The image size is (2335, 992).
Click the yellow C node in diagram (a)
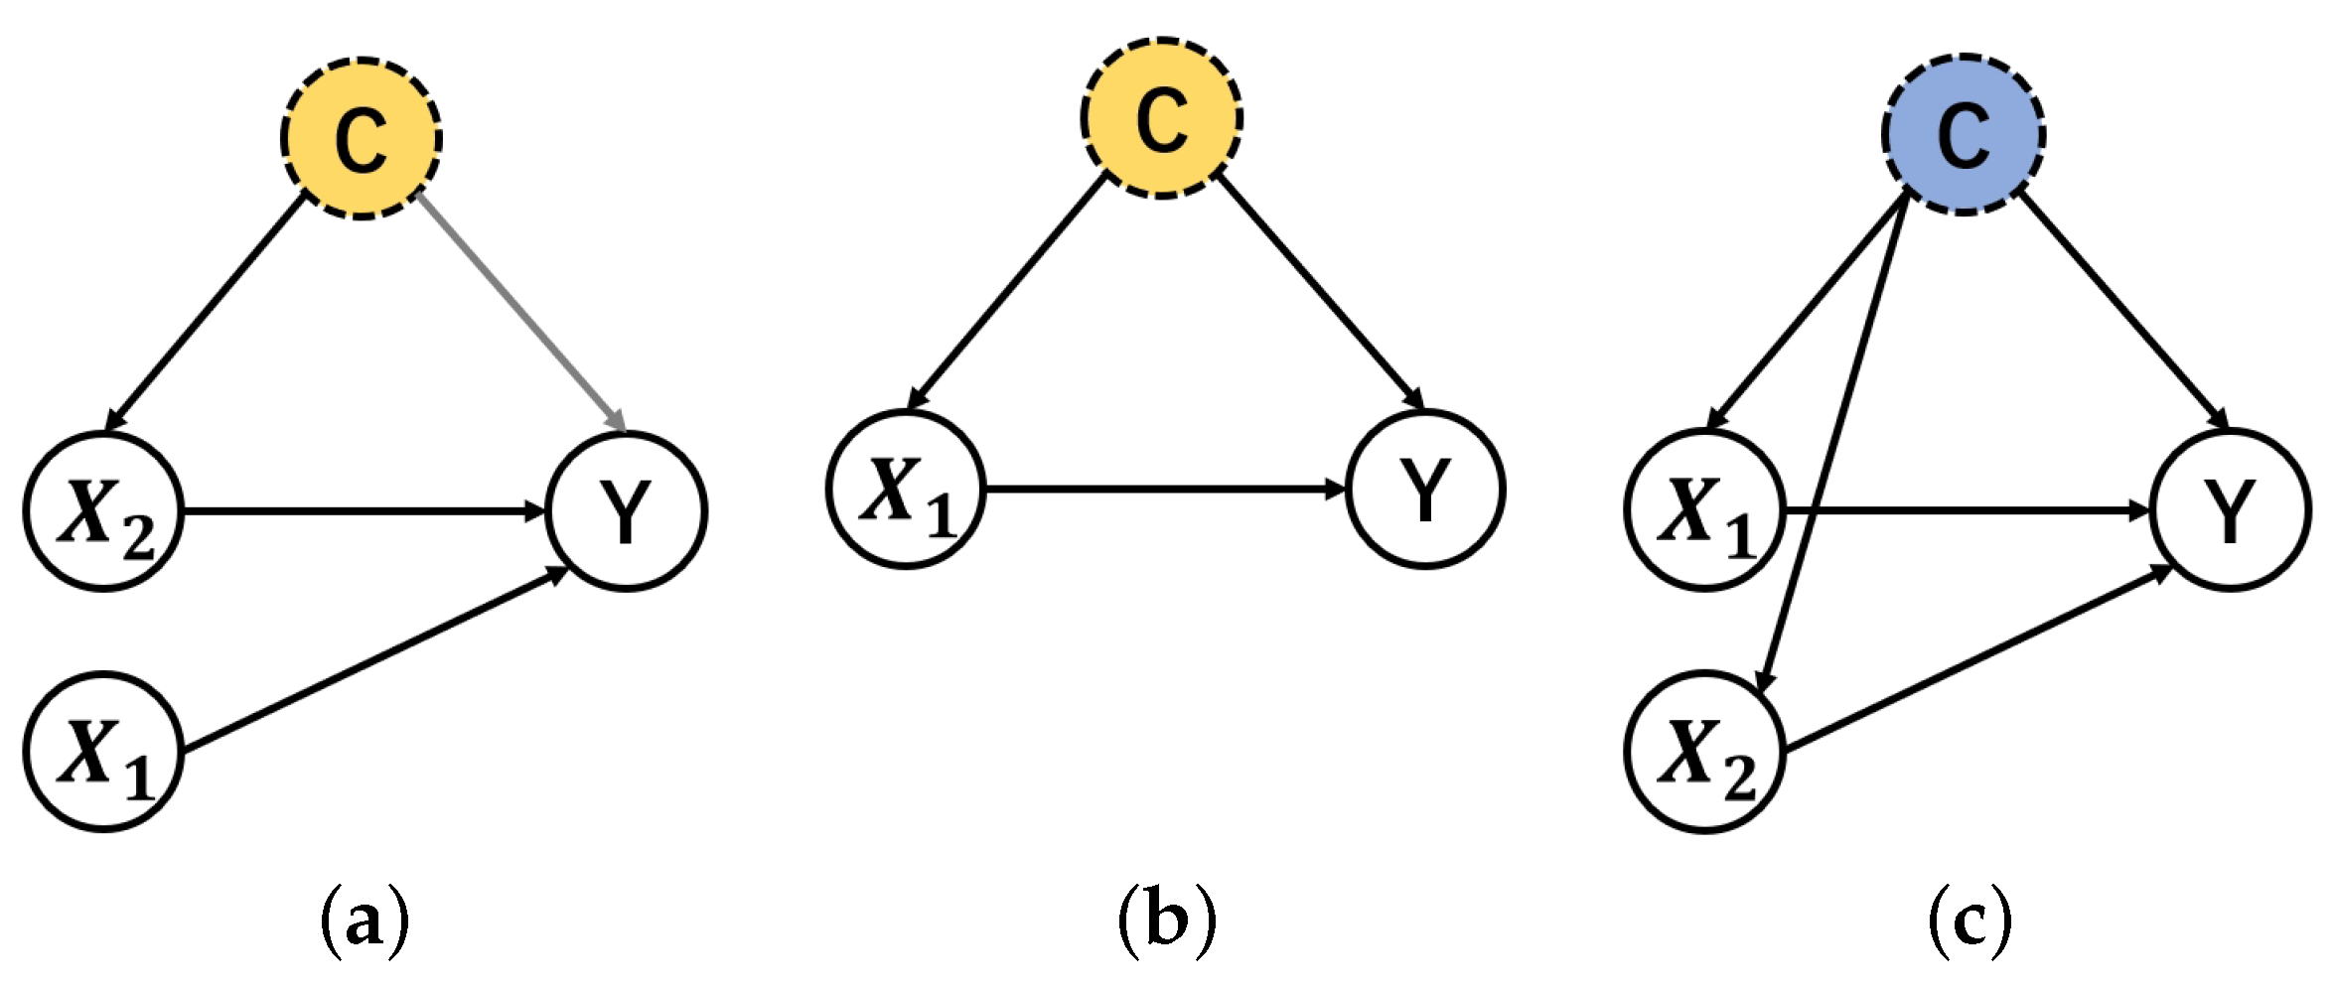[362, 138]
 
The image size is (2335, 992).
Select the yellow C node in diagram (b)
[1162, 118]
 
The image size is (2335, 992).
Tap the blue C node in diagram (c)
[1964, 134]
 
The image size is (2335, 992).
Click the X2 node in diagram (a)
[104, 512]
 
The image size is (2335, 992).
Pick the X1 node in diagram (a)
[104, 753]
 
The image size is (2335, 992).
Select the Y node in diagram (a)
[627, 512]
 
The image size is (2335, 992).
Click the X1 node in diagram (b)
[906, 490]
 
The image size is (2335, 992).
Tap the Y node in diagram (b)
[1425, 490]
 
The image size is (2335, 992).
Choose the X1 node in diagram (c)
[1705, 512]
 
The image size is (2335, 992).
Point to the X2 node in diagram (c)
[1705, 753]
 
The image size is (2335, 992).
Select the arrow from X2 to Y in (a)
[363, 512]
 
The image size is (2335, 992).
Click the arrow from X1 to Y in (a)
[372, 661]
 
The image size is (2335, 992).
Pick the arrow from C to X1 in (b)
[1008, 293]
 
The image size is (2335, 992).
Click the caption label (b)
[1167, 921]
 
